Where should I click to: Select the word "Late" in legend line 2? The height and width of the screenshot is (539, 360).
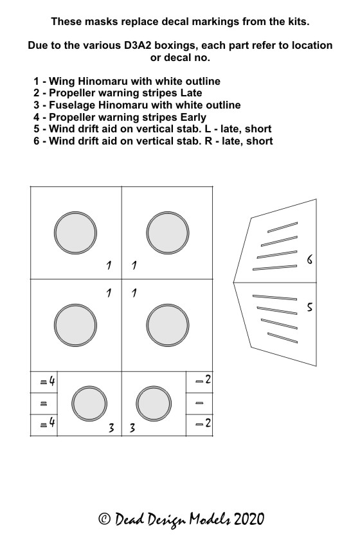pos(191,93)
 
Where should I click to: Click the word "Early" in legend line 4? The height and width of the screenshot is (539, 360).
pos(194,117)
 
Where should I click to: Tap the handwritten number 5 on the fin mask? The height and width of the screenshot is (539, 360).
pos(310,306)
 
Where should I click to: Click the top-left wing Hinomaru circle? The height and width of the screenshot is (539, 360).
pos(75,233)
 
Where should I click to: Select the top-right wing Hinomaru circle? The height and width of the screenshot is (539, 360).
pos(168,233)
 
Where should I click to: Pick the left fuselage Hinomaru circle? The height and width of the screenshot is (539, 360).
pos(89,403)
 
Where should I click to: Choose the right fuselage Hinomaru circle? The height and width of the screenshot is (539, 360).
pos(154,403)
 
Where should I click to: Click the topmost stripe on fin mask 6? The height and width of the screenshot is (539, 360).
pos(282,227)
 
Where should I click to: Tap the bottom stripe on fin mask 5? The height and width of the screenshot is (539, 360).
pos(282,338)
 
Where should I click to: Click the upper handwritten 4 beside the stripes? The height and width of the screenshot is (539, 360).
pos(52,380)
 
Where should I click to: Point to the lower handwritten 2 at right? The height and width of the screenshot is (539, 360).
pos(208,423)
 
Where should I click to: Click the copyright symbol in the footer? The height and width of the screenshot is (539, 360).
pos(104,518)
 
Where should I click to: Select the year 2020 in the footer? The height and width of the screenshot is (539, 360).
pos(249,519)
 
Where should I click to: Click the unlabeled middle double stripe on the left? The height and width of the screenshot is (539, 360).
pos(44,403)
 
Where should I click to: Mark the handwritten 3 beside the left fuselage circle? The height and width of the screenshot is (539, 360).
pos(111,428)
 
